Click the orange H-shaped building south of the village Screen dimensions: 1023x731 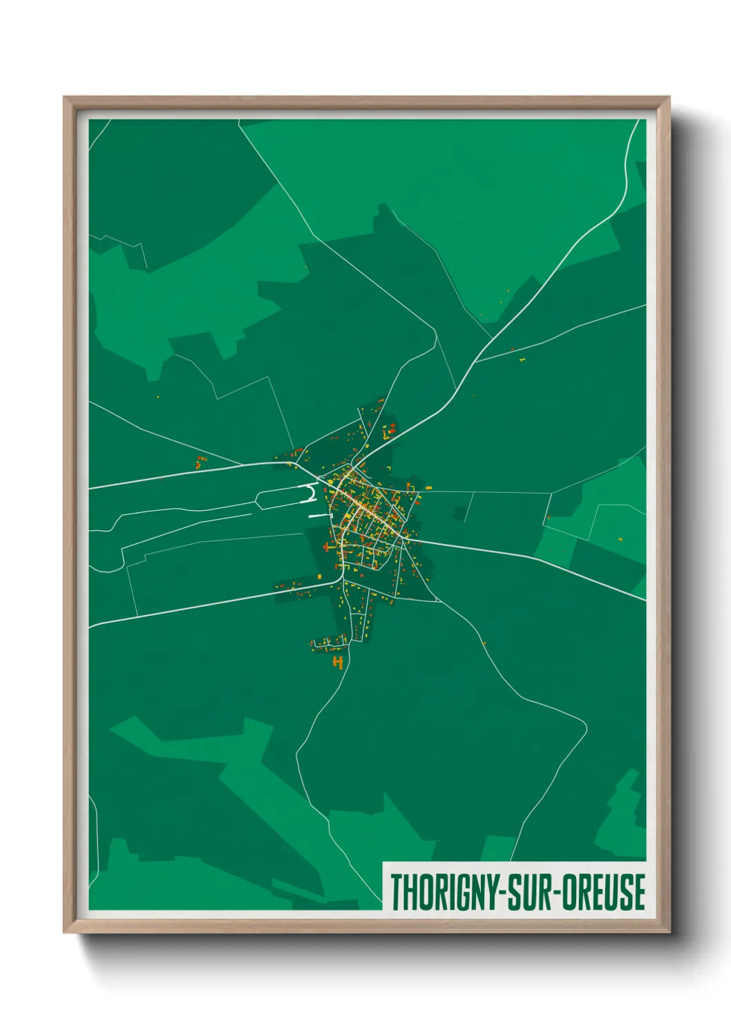pyautogui.click(x=338, y=662)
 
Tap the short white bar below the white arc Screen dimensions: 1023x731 pyautogui.click(x=316, y=516)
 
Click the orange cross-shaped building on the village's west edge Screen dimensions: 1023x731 pyautogui.click(x=327, y=547)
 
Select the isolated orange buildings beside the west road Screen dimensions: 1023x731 pyautogui.click(x=200, y=462)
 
